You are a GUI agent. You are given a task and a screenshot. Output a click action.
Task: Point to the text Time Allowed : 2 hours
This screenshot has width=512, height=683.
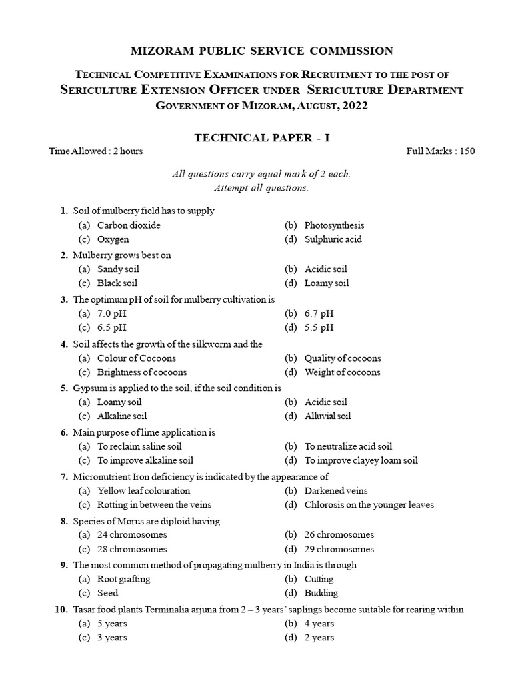coord(96,151)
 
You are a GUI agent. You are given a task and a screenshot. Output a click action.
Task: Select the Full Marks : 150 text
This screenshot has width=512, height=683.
coord(441,151)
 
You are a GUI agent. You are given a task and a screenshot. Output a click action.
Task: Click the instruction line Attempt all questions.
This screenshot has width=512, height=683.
coord(261,188)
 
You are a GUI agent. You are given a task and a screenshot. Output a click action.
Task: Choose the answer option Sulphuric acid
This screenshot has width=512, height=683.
coord(333,239)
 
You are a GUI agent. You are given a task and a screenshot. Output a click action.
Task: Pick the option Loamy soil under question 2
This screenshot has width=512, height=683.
coord(327,283)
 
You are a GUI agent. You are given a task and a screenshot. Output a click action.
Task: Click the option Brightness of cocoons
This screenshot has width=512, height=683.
coord(142,372)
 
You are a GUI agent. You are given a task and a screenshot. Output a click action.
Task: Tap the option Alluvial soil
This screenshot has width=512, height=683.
coord(327,416)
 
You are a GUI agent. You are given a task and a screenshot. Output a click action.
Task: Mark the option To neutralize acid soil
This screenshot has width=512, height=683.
coord(348,446)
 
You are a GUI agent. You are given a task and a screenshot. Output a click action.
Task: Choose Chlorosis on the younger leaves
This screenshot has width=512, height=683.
coord(369,505)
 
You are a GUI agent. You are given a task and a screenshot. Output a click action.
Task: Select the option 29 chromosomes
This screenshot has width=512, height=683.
coord(339,550)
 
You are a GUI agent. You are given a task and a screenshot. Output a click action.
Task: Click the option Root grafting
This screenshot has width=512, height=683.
coord(123,579)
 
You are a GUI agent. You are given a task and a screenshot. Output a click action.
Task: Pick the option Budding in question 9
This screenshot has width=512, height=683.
coord(321,593)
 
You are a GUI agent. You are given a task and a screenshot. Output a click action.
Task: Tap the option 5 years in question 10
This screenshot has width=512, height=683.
coord(112,624)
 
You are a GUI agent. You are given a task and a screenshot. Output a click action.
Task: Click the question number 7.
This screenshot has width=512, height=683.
coord(64,476)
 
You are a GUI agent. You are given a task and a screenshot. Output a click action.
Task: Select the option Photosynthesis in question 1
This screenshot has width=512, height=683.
coord(334,225)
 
